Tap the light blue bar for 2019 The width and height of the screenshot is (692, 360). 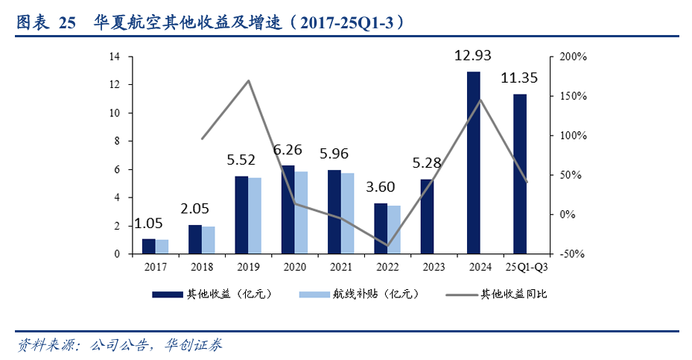(x=255, y=215)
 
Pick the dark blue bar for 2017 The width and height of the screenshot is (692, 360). (x=149, y=246)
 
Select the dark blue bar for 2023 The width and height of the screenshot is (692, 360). (x=427, y=216)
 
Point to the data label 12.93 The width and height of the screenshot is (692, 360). (x=474, y=56)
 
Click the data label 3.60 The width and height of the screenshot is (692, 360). (x=380, y=186)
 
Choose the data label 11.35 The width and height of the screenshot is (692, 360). (x=520, y=78)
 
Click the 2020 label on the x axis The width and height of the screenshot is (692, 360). (x=294, y=267)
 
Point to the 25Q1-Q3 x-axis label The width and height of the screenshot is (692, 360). (x=527, y=267)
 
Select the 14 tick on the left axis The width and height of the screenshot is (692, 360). (x=115, y=57)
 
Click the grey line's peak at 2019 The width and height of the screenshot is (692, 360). (x=249, y=80)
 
